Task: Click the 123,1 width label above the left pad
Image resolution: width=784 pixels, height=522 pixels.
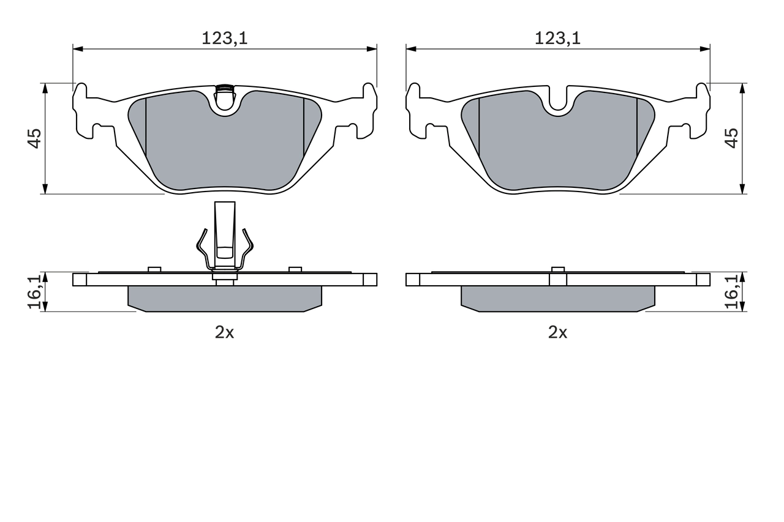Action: (224, 39)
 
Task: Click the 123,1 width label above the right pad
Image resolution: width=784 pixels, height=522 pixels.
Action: (557, 39)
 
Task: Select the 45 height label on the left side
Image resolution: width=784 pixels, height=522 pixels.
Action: (34, 138)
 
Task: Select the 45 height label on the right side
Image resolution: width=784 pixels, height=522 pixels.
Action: (731, 138)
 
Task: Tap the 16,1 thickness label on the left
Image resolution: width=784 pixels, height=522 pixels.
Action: (34, 292)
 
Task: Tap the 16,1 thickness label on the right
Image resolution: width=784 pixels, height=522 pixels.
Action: (731, 292)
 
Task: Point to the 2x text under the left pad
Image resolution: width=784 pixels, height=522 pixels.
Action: (224, 332)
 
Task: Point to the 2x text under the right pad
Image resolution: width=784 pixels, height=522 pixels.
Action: (557, 332)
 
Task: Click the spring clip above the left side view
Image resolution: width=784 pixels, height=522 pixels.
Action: (224, 242)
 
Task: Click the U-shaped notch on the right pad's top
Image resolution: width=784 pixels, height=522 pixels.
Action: (557, 101)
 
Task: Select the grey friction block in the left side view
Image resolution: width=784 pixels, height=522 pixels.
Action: (224, 298)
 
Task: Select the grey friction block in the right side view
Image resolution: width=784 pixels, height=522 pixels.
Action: (557, 298)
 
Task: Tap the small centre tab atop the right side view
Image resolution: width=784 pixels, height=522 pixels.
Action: (557, 269)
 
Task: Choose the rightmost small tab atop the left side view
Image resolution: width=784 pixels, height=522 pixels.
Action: (295, 269)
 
